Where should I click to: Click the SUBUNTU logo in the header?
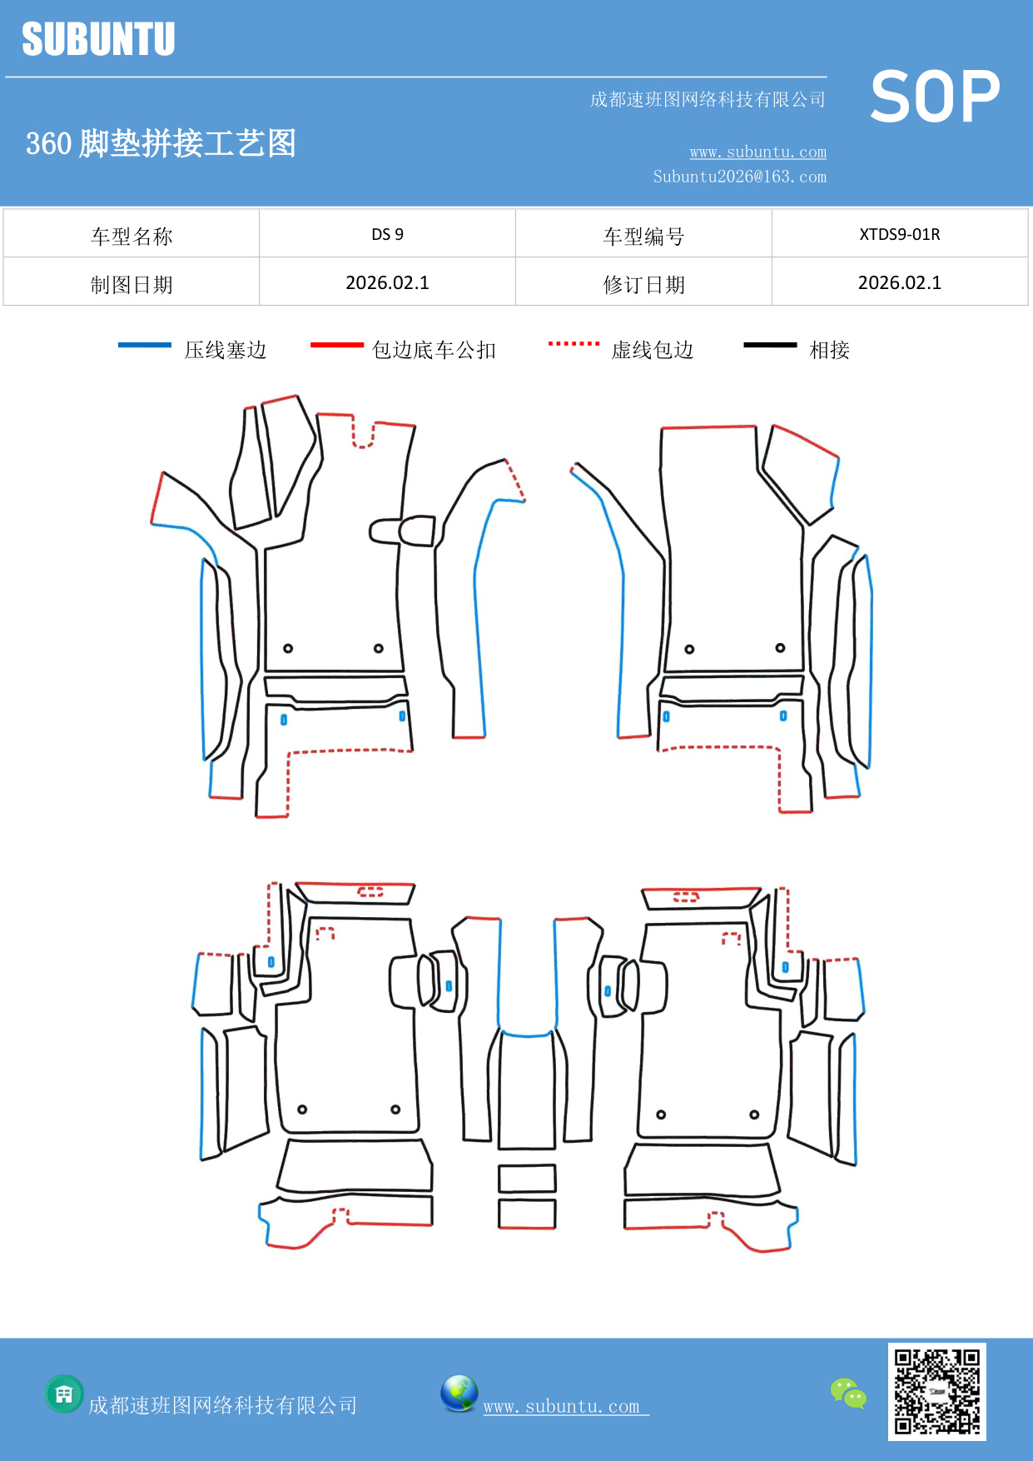(98, 39)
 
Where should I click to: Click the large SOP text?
(935, 97)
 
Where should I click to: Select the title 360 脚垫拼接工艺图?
(161, 143)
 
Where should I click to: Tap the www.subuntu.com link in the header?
(757, 152)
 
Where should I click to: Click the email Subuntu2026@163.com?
(739, 177)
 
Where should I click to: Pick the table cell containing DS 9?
(387, 234)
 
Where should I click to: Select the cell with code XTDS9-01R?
(899, 234)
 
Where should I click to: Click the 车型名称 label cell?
(132, 237)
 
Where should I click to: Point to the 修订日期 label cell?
(643, 285)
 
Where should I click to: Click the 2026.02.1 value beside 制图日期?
(387, 283)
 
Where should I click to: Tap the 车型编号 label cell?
(643, 237)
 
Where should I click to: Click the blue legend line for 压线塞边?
(145, 345)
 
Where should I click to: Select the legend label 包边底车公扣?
(434, 350)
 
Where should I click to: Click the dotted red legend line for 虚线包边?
(574, 343)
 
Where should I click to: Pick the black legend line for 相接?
(770, 345)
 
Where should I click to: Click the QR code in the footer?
(936, 1392)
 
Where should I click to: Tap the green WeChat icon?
(848, 1394)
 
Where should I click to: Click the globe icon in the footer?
(459, 1394)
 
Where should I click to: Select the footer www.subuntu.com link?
(562, 1406)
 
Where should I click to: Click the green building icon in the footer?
(64, 1394)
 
